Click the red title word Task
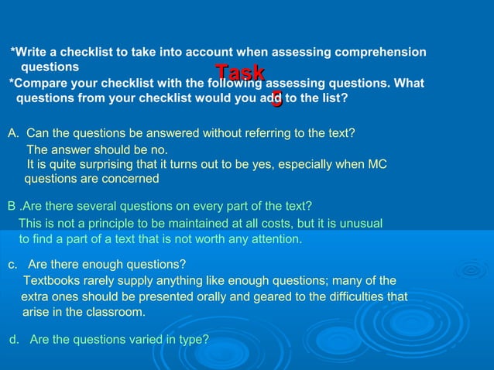pyautogui.click(x=240, y=74)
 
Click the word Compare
pyautogui.click(x=38, y=84)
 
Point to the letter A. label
pyautogui.click(x=13, y=133)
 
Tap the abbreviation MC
pyautogui.click(x=377, y=164)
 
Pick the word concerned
pyautogui.click(x=131, y=179)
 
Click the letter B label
pyautogui.click(x=12, y=206)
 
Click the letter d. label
pyautogui.click(x=13, y=340)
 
